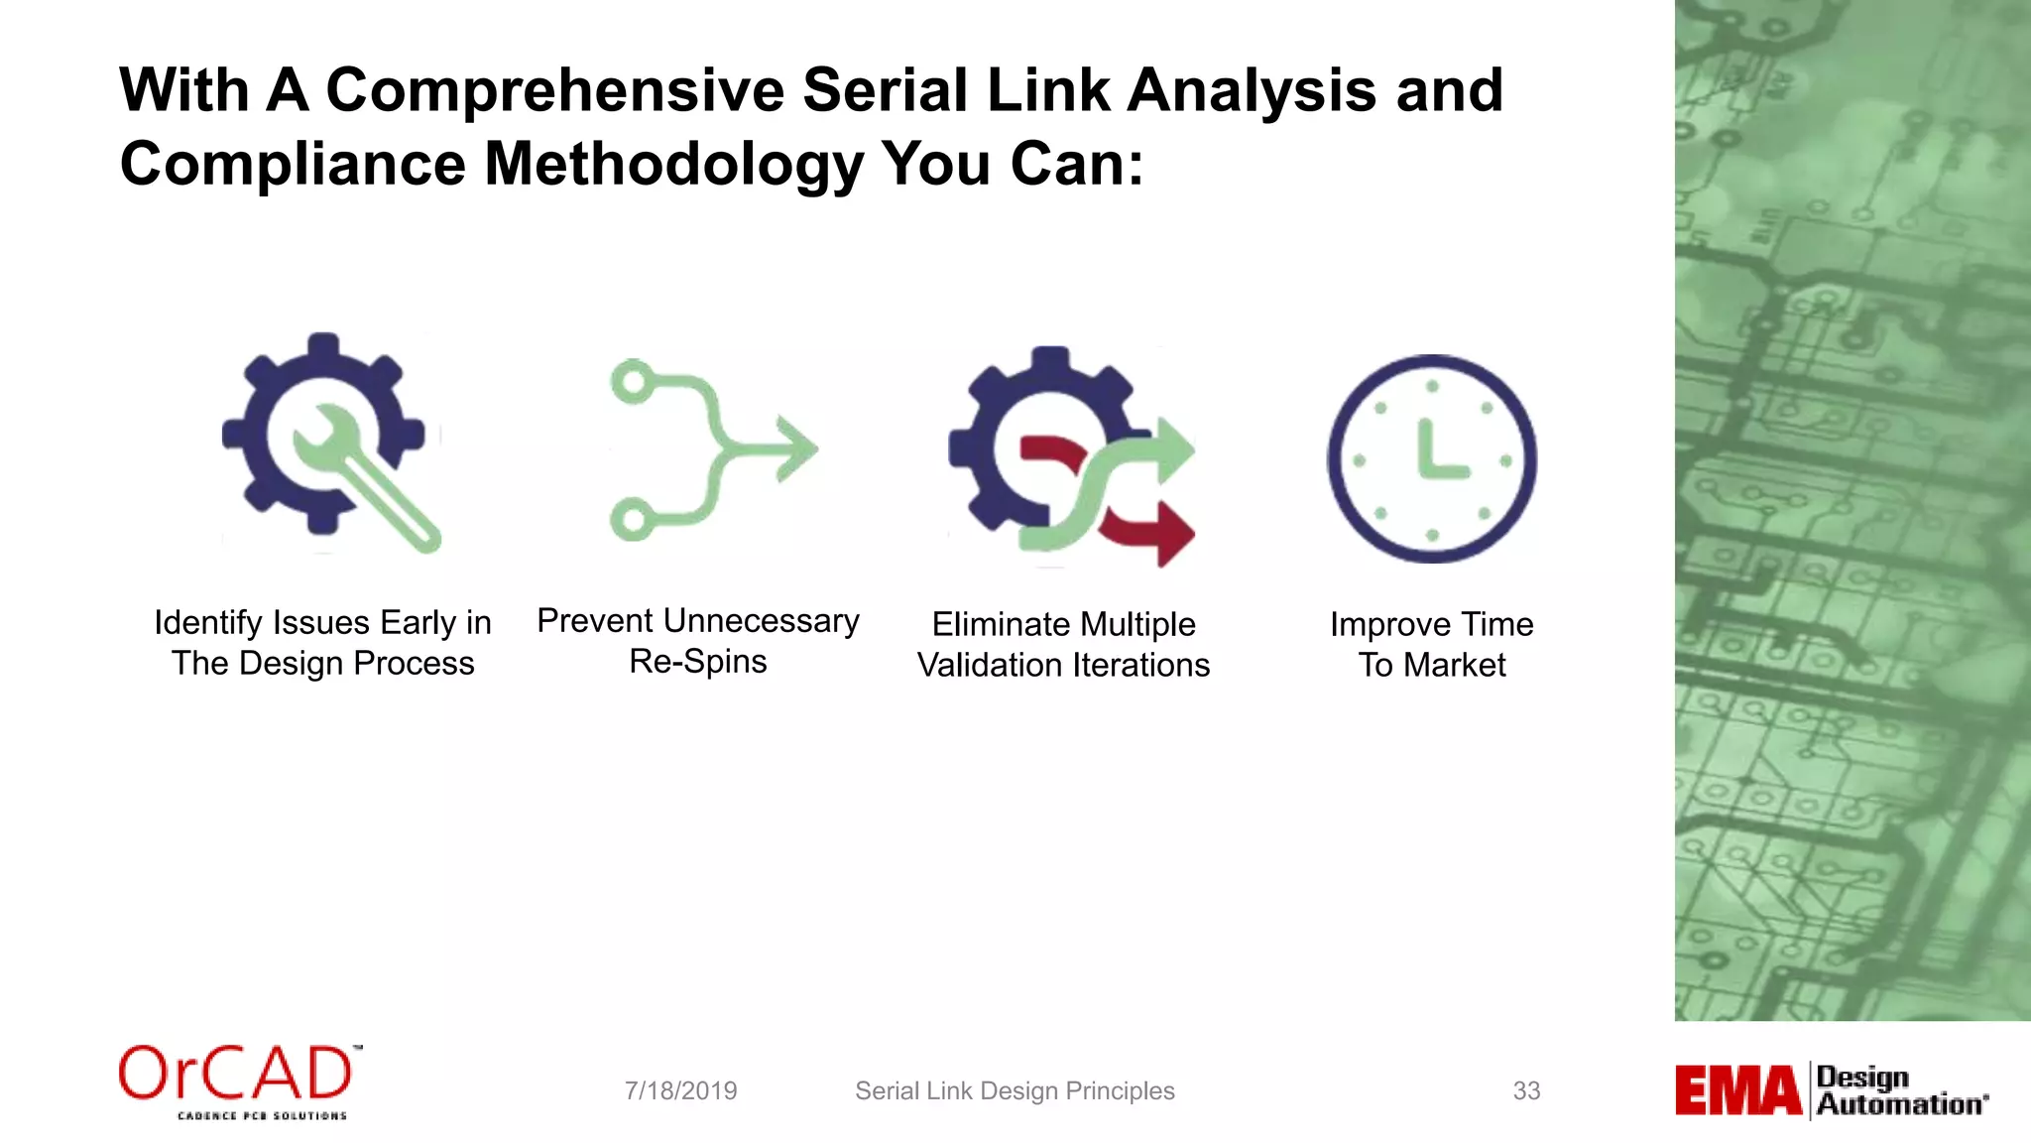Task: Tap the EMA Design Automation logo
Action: click(1832, 1090)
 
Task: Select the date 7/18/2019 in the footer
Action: click(680, 1090)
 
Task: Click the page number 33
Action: click(1526, 1090)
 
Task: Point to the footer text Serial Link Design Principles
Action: click(1015, 1090)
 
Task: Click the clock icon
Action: click(1432, 459)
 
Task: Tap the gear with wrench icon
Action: click(327, 442)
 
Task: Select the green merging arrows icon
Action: click(712, 449)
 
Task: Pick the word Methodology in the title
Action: click(673, 164)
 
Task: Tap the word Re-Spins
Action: click(697, 662)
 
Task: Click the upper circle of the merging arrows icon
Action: click(632, 381)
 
